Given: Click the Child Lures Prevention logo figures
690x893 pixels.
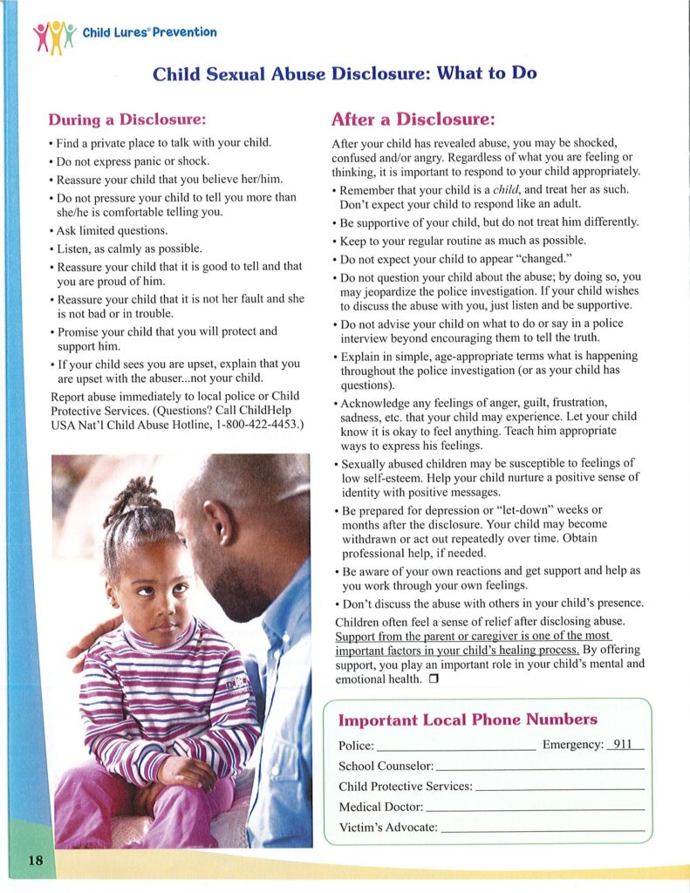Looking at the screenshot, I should pyautogui.click(x=53, y=36).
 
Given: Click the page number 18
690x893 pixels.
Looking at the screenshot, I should pyautogui.click(x=35, y=861).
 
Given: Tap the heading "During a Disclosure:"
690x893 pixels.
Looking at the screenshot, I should pyautogui.click(x=126, y=119).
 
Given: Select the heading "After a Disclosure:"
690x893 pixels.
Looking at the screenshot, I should pyautogui.click(x=413, y=119).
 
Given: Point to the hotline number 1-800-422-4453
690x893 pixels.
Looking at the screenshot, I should pyautogui.click(x=249, y=425).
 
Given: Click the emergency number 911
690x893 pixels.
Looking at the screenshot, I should pyautogui.click(x=622, y=745).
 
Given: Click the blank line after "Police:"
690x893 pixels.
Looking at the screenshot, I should pyautogui.click(x=456, y=748).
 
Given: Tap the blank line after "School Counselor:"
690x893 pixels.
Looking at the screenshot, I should pyautogui.click(x=539, y=767).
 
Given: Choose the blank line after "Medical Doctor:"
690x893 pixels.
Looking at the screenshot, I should pyautogui.click(x=535, y=808).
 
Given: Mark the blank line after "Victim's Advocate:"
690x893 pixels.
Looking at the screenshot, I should pyautogui.click(x=543, y=828).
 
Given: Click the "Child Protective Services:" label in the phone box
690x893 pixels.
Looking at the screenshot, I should pyautogui.click(x=405, y=787).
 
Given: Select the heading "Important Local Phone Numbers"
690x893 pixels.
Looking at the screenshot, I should pyautogui.click(x=468, y=720).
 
